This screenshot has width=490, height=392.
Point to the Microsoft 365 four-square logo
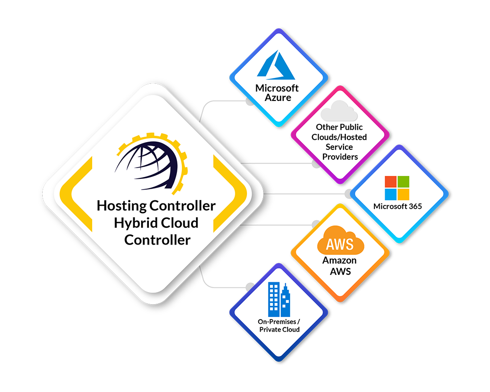coord(396,188)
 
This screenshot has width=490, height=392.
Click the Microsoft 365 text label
coord(397,206)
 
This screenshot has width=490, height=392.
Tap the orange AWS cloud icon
coord(339,242)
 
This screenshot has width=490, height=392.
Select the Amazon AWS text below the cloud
coord(339,265)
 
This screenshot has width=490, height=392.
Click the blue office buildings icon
coord(279,299)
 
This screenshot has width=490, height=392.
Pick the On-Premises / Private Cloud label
coord(278,326)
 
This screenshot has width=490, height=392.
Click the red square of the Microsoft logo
coord(391,182)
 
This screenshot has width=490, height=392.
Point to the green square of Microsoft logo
coord(403,182)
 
